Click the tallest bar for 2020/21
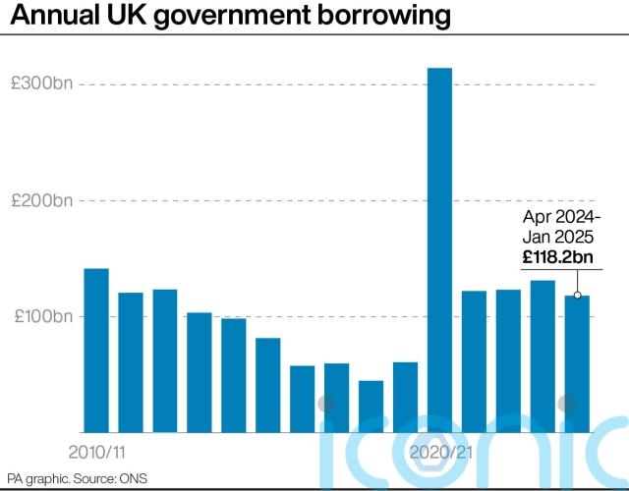click(x=439, y=250)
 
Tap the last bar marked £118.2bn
click(x=577, y=363)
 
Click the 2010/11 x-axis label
click(x=96, y=453)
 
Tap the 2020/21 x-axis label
click(x=439, y=453)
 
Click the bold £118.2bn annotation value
click(x=557, y=258)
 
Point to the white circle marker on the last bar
click(x=578, y=295)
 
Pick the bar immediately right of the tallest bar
click(x=474, y=361)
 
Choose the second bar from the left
click(x=131, y=362)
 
